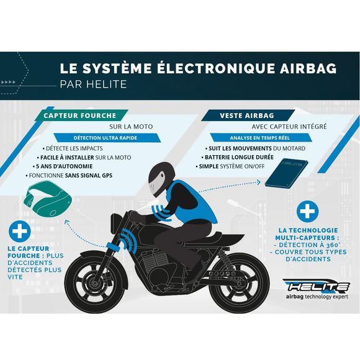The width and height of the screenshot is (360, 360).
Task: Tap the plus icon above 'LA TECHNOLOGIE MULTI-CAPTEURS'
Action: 305,212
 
